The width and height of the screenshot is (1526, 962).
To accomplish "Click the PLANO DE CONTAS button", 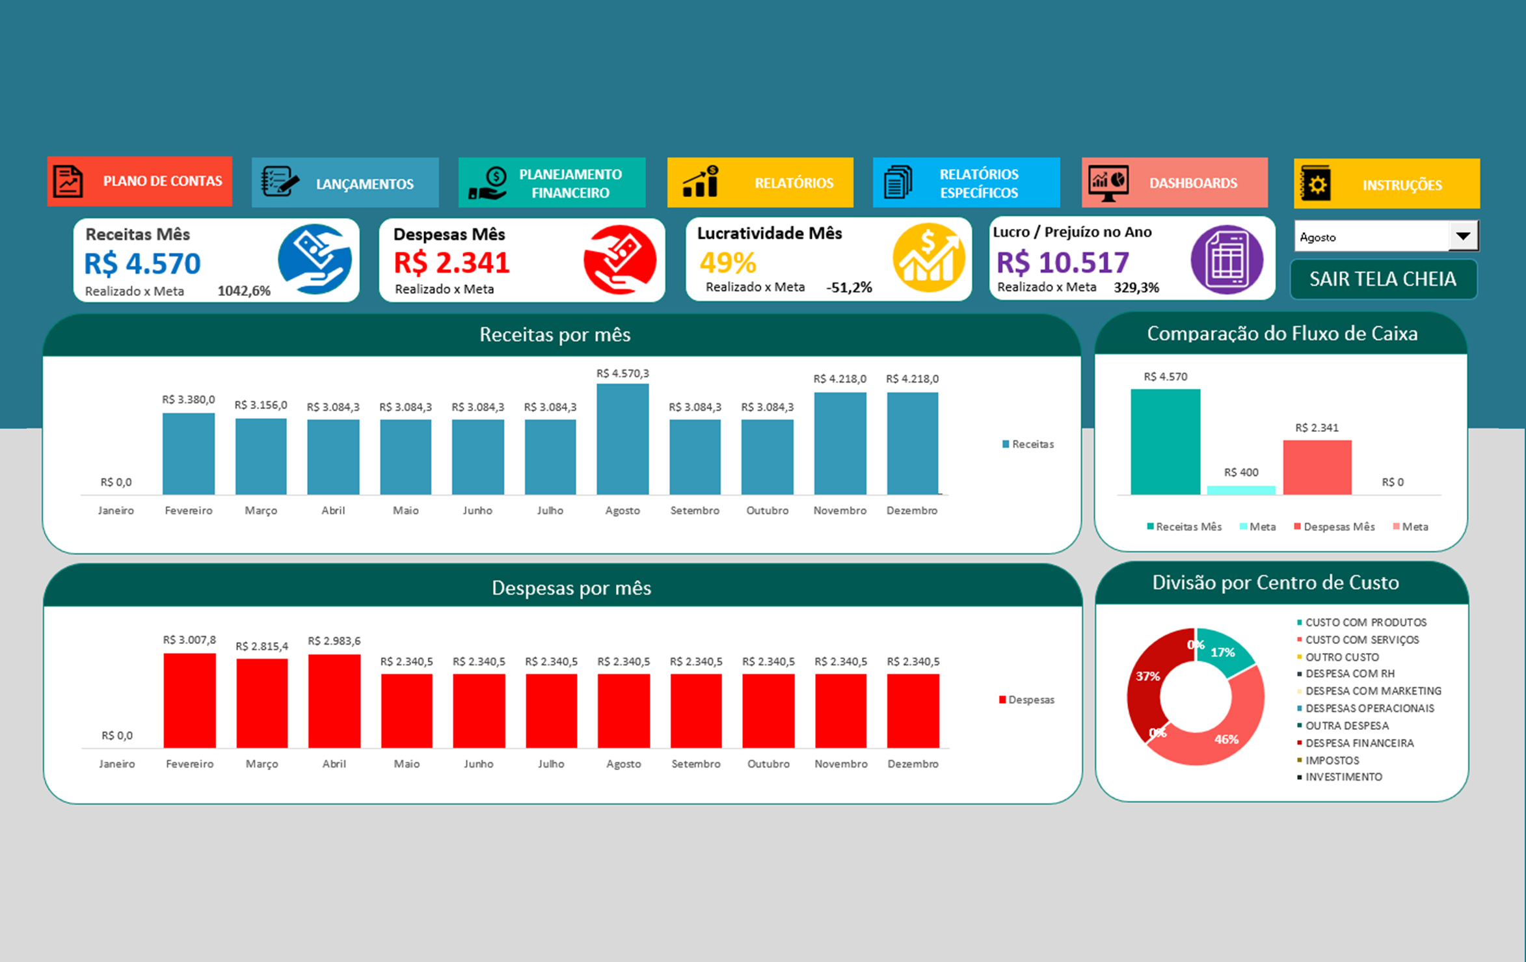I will point(139,181).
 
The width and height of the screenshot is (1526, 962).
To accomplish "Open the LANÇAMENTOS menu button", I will point(345,183).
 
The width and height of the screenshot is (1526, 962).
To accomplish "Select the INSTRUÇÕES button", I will point(1386,184).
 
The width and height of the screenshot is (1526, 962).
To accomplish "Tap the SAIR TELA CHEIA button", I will point(1383,280).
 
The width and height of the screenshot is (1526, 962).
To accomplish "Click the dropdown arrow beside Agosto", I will point(1462,236).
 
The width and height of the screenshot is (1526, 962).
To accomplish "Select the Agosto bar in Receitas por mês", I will point(622,439).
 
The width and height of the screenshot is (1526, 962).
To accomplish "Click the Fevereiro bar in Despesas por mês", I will point(189,701).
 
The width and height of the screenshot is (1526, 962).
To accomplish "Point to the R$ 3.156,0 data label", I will point(261,405).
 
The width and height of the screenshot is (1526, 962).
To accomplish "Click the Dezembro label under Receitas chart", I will point(912,511).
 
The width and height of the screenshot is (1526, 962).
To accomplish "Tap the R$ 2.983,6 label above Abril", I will point(334,641).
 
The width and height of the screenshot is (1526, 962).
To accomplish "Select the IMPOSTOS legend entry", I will point(1332,760).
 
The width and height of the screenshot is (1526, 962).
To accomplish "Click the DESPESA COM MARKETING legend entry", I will point(1372,691).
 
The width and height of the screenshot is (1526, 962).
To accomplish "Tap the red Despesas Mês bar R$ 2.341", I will point(1317,467).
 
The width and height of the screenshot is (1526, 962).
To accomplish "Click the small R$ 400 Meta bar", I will point(1241,490).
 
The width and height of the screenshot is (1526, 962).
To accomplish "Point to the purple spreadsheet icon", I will point(1227,260).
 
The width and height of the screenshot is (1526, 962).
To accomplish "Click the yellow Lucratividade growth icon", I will point(928,258).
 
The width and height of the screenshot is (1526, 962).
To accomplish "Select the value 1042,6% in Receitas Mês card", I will point(244,291).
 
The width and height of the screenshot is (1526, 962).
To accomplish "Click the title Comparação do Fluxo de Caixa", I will point(1281,334).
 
